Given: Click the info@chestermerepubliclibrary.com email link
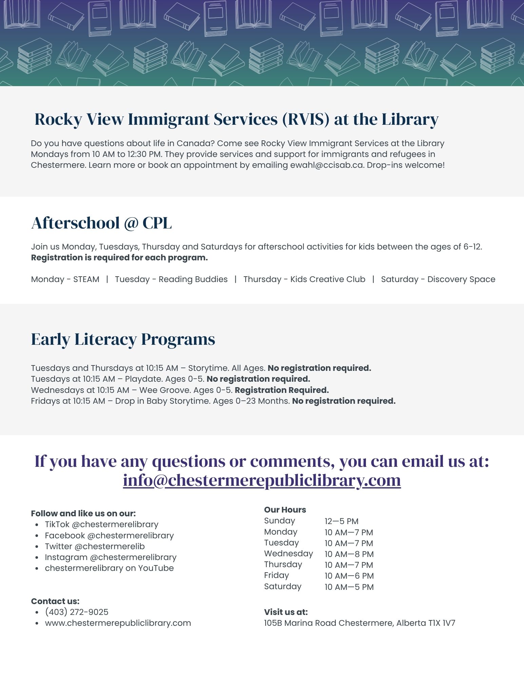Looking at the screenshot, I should pyautogui.click(x=262, y=480).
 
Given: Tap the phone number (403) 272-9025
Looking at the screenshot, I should pyautogui.click(x=77, y=612).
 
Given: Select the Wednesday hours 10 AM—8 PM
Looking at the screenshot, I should pyautogui.click(x=349, y=554).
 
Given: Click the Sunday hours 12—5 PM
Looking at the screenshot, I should pyautogui.click(x=341, y=521).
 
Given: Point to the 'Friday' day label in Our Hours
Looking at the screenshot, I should pyautogui.click(x=276, y=575).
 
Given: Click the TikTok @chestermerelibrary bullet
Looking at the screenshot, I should pyautogui.click(x=101, y=524).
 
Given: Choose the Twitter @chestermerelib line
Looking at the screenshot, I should pyautogui.click(x=95, y=546).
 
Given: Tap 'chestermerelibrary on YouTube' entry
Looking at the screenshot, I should pyautogui.click(x=109, y=568).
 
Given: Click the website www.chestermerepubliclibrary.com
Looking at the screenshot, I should pyautogui.click(x=118, y=623).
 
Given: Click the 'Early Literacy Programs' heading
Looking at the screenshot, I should pyautogui.click(x=123, y=339).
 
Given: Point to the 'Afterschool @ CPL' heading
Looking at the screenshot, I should pyautogui.click(x=101, y=223).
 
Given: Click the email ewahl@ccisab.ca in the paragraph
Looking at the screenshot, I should pyautogui.click(x=327, y=165).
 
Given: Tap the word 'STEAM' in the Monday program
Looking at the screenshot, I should pyautogui.click(x=86, y=279).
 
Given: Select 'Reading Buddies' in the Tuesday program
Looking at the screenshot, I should pyautogui.click(x=193, y=279).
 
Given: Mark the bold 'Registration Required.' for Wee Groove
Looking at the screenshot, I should pyautogui.click(x=282, y=390).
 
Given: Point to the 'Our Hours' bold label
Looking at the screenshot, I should pyautogui.click(x=285, y=510).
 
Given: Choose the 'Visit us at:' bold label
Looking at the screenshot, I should pyautogui.click(x=286, y=612).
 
